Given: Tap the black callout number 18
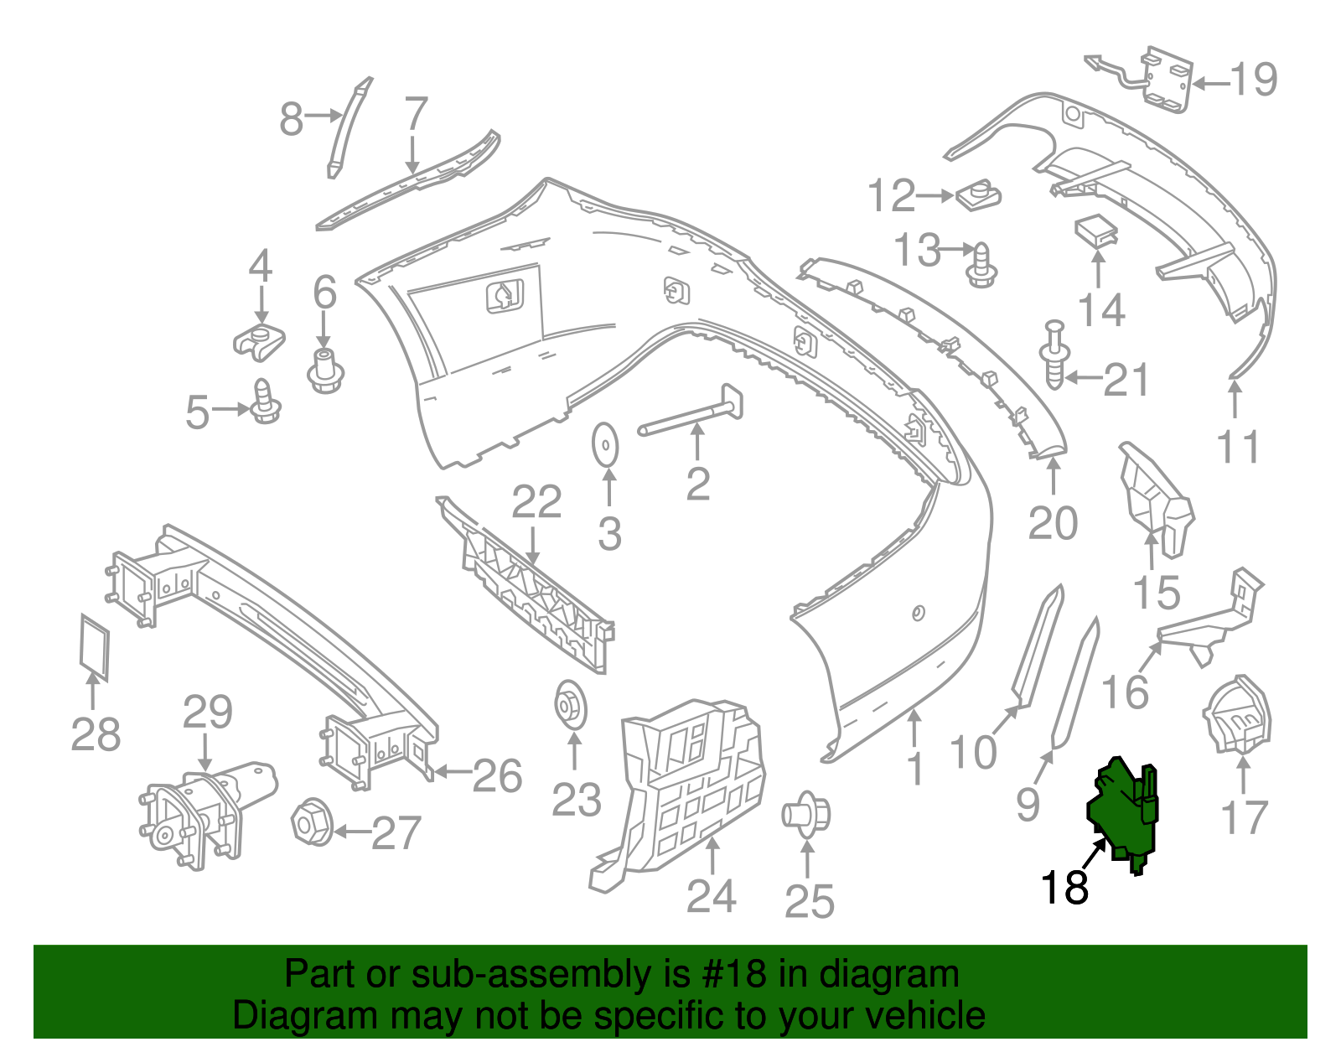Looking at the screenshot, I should click(1064, 887).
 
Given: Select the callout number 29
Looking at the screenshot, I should click(208, 713).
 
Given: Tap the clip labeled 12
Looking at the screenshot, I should click(977, 197).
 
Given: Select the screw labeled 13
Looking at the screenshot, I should click(981, 265).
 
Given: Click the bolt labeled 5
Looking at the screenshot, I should click(266, 403).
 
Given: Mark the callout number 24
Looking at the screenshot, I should click(711, 896).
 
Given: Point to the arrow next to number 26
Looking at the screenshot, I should click(451, 771).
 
